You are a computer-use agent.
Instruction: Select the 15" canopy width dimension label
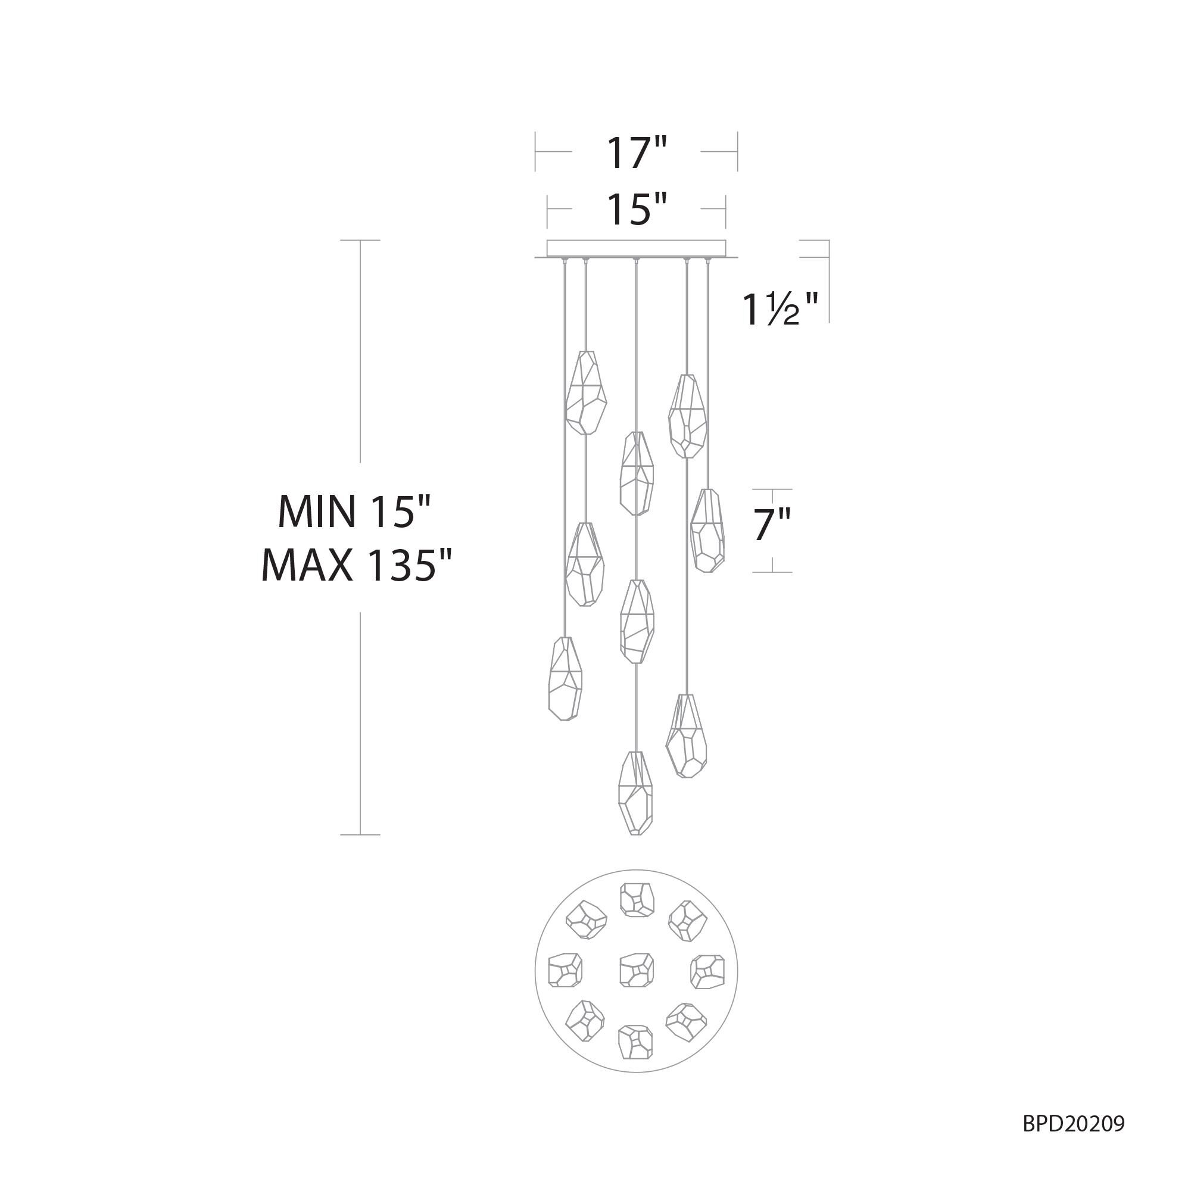[637, 209]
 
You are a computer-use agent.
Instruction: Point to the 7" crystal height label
[771, 525]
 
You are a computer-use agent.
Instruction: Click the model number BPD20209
[1073, 1124]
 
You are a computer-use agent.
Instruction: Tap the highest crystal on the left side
[585, 392]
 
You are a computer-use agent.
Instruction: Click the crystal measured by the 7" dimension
[707, 531]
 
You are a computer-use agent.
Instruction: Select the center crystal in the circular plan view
[636, 969]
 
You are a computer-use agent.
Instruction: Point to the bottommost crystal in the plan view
[635, 1042]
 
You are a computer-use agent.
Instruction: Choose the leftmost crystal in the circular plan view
[565, 969]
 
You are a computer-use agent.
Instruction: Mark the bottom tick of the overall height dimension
[360, 835]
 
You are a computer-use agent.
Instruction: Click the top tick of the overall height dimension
[360, 241]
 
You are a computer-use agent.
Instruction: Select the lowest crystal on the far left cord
[565, 679]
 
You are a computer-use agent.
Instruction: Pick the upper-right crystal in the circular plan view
[687, 921]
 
